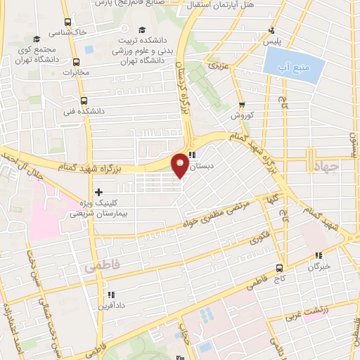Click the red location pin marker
point(180,164)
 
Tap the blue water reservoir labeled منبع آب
point(294,65)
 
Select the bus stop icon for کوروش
point(241,105)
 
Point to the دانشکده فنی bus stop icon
point(84,101)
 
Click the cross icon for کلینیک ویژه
point(98,191)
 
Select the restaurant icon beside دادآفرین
point(110,295)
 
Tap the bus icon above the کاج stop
point(280,268)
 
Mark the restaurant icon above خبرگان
point(319,256)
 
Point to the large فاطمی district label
point(103,267)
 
